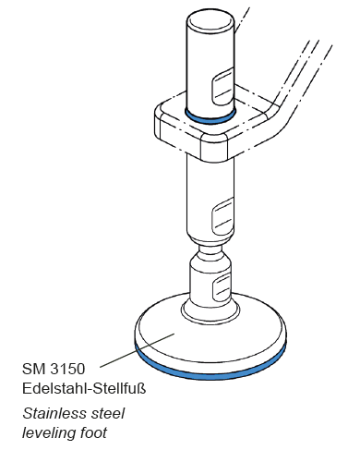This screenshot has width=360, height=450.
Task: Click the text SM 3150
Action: coord(54,369)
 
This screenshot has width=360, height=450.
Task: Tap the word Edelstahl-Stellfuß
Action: coord(84,388)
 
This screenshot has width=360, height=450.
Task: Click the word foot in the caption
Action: coord(93,432)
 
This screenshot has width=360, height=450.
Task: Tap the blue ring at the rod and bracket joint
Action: coord(210,117)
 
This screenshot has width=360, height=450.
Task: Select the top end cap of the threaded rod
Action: coord(210,19)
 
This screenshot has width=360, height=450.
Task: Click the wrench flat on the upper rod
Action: coord(222,87)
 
